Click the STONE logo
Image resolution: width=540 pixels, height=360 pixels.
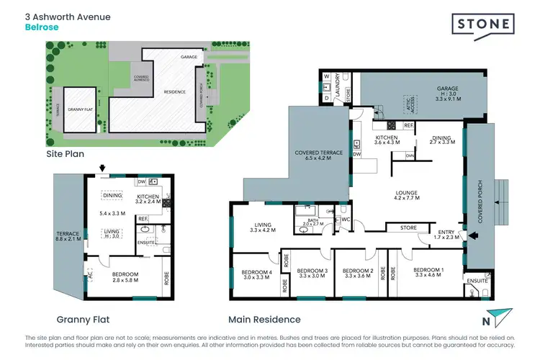click(x=483, y=25)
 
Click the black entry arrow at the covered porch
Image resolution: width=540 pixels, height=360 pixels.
click(x=472, y=235)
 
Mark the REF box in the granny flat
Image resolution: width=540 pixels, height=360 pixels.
click(x=143, y=218)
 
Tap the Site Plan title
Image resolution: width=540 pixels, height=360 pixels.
click(x=65, y=154)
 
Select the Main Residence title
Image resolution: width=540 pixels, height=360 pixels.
click(x=264, y=319)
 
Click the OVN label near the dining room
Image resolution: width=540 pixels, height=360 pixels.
click(x=410, y=155)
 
